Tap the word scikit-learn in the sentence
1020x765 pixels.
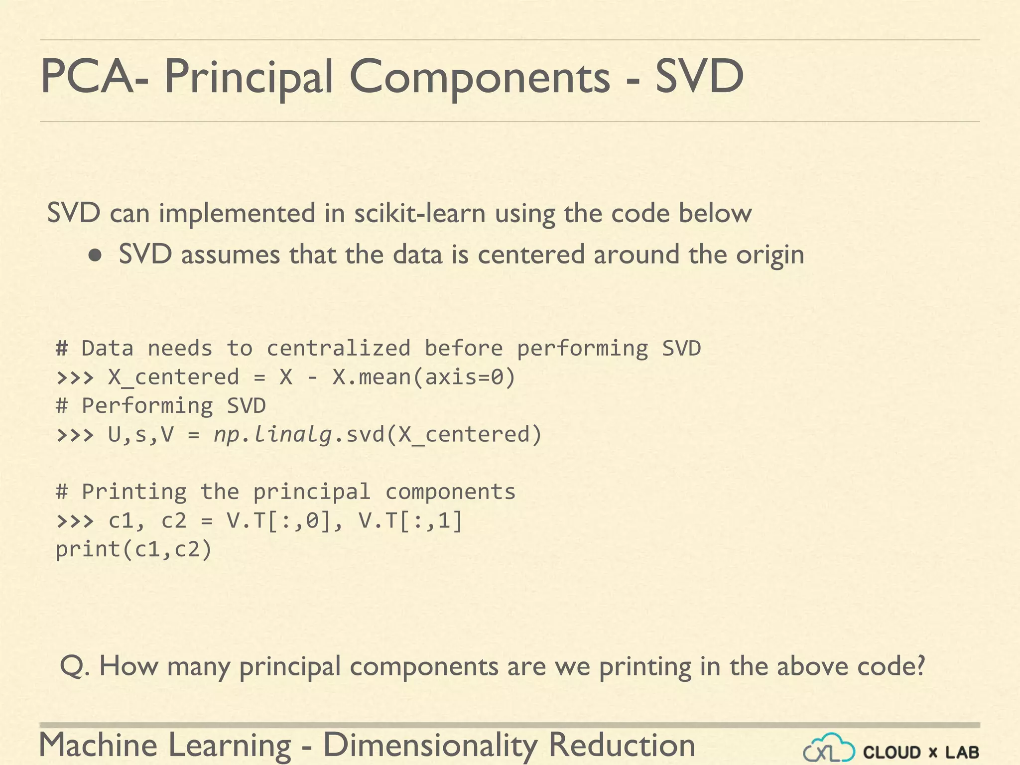[420, 213]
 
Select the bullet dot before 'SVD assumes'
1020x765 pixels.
[95, 256]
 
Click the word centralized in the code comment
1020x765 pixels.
[339, 348]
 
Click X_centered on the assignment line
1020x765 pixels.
[173, 377]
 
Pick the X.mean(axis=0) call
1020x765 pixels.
[424, 377]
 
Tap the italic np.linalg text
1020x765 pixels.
[273, 434]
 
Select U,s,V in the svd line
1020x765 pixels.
[140, 434]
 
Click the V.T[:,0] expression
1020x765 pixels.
[279, 521]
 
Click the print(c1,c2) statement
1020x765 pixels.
[133, 549]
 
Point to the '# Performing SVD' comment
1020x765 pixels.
[160, 405]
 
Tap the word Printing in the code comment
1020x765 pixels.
[134, 492]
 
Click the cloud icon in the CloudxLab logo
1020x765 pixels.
[829, 749]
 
